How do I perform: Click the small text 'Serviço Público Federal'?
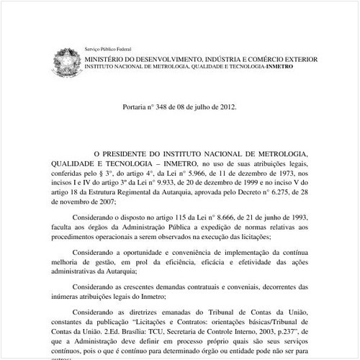104,47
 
